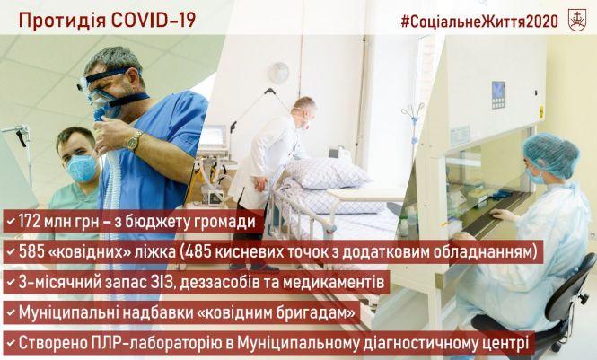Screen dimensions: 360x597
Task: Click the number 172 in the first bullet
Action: click(x=33, y=221)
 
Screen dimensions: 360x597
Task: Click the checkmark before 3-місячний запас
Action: click(x=11, y=282)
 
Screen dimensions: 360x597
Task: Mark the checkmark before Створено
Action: click(x=11, y=343)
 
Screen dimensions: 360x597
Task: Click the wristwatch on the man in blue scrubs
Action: click(x=133, y=140)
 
